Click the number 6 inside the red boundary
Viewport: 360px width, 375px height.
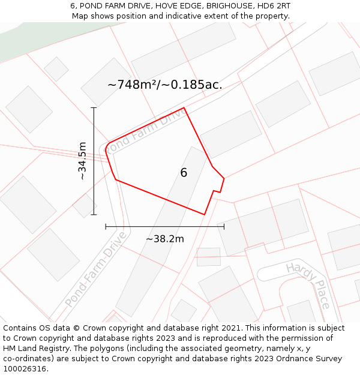coord(184,173)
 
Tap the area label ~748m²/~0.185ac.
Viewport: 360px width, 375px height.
coord(165,85)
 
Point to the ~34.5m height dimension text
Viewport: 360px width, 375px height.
coord(82,161)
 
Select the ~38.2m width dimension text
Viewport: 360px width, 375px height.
coord(165,239)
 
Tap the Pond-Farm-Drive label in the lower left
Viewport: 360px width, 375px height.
coord(96,269)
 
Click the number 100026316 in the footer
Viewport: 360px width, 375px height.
coord(25,368)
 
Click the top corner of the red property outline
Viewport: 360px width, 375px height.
coord(184,108)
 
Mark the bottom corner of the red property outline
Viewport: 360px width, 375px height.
coord(205,214)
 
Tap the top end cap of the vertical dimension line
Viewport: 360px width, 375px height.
coord(94,108)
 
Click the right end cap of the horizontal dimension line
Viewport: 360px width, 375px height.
coord(224,226)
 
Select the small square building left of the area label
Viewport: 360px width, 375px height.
coord(56,69)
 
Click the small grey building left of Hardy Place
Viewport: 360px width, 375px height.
coord(208,257)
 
